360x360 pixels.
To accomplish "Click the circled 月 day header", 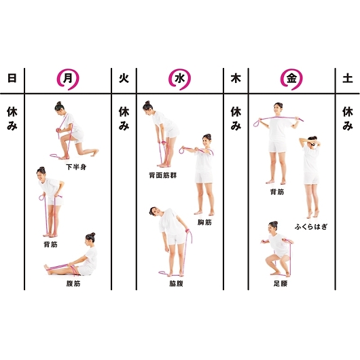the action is point(68,79).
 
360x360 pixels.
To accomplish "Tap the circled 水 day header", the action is point(179,79).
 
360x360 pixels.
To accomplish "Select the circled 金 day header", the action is point(291,79).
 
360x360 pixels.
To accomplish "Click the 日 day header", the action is point(12,78).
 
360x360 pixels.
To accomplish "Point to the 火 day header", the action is point(124,79).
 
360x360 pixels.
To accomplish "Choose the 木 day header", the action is point(236,79).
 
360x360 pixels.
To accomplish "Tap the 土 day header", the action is point(347,79).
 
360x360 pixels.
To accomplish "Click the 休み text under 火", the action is point(124,118).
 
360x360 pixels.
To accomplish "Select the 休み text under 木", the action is point(236,118).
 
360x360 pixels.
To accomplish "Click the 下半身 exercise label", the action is point(76,167).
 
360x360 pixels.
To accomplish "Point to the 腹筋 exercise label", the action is point(73,284).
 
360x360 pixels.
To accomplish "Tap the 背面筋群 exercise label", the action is point(163,176).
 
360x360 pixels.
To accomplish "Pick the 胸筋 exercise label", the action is point(204,222).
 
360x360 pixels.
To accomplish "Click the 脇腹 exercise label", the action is point(177,284).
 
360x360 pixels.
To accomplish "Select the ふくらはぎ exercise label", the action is point(311,227).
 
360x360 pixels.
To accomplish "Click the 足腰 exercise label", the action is point(281,283).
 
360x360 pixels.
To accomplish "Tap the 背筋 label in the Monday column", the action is point(50,245).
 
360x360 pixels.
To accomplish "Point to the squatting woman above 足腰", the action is point(277,249).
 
